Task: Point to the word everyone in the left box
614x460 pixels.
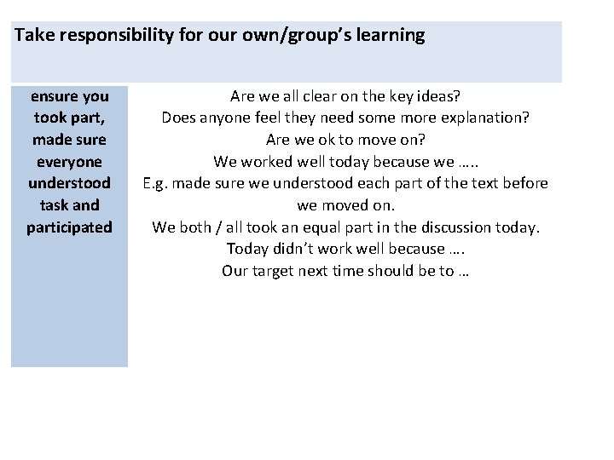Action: click(69, 161)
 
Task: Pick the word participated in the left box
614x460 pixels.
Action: click(69, 227)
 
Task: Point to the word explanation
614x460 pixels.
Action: click(483, 118)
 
